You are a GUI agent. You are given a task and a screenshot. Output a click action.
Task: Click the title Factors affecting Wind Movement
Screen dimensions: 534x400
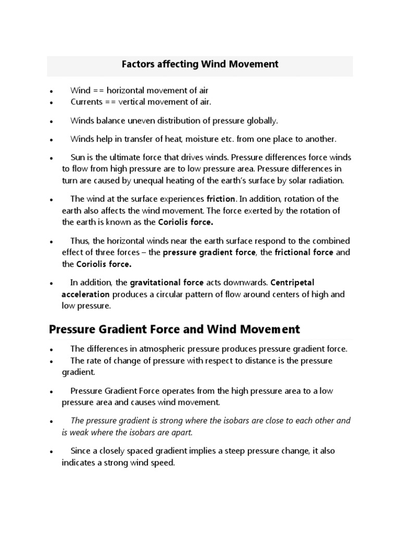pyautogui.click(x=200, y=65)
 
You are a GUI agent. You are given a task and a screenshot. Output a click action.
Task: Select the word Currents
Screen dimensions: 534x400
pyautogui.click(x=86, y=102)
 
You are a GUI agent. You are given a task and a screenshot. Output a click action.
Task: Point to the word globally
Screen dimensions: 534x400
pyautogui.click(x=261, y=120)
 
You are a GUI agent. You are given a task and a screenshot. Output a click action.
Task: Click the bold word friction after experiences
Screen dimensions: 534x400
pyautogui.click(x=221, y=199)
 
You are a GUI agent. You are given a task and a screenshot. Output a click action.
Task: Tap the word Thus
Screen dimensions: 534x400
pyautogui.click(x=79, y=240)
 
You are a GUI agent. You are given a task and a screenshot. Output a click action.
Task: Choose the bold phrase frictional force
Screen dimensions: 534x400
pyautogui.click(x=305, y=252)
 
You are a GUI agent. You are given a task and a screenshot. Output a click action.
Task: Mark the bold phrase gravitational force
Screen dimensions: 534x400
pyautogui.click(x=167, y=282)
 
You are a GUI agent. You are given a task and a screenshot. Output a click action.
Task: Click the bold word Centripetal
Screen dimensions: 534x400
pyautogui.click(x=292, y=282)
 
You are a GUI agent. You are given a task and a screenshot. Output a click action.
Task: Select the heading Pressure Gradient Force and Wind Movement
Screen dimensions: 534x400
pyautogui.click(x=174, y=330)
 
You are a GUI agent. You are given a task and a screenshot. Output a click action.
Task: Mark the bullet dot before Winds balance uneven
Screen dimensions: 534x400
pyautogui.click(x=52, y=121)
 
